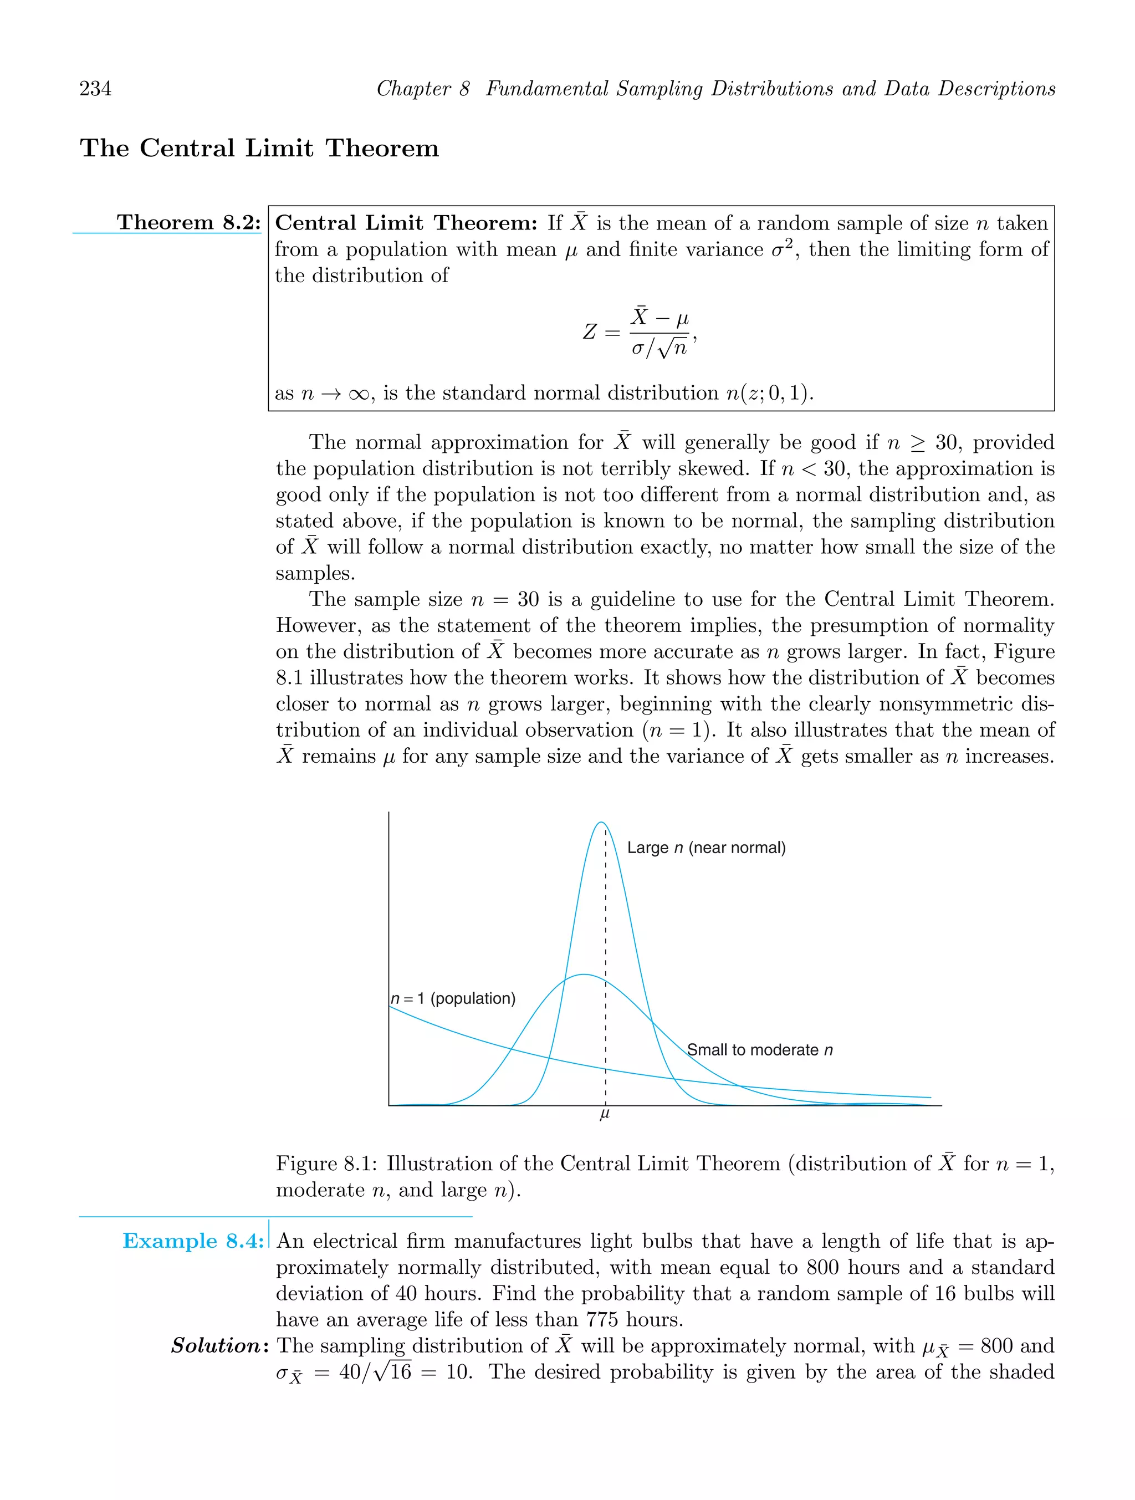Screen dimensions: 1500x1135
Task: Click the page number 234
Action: coord(96,89)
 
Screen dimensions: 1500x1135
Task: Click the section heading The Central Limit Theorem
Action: coord(259,148)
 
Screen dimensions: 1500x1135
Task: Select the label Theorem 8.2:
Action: coord(188,222)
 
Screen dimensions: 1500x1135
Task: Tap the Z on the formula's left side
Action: coord(590,332)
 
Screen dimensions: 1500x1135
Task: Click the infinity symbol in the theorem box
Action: coord(359,394)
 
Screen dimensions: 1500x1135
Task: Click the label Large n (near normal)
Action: coord(706,848)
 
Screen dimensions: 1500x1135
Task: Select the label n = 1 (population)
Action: coord(453,998)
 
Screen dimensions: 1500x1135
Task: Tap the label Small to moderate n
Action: coord(759,1050)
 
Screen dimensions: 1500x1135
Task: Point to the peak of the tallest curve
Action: coord(601,823)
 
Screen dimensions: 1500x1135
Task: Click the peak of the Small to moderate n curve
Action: coord(584,975)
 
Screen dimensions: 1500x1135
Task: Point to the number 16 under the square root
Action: coord(400,1373)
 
